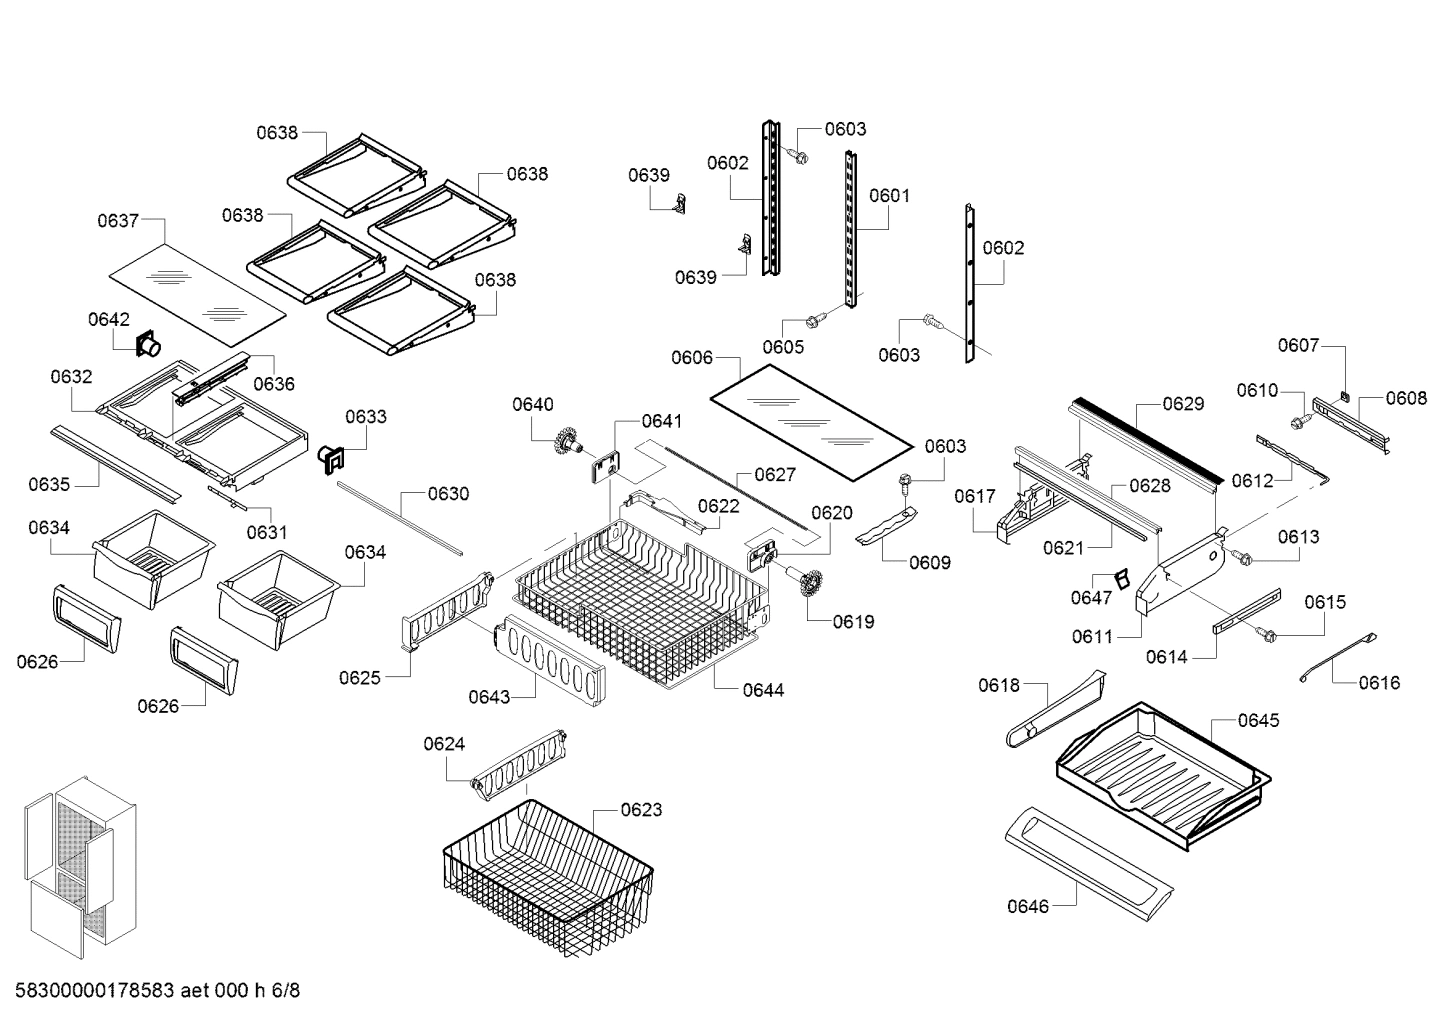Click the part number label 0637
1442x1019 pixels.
[118, 221]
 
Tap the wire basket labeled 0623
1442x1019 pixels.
[547, 877]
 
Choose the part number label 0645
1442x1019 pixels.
[1258, 720]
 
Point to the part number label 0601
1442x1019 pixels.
[889, 196]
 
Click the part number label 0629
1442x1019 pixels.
[1183, 404]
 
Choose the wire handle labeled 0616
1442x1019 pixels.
[1338, 657]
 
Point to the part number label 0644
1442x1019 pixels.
[763, 690]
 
